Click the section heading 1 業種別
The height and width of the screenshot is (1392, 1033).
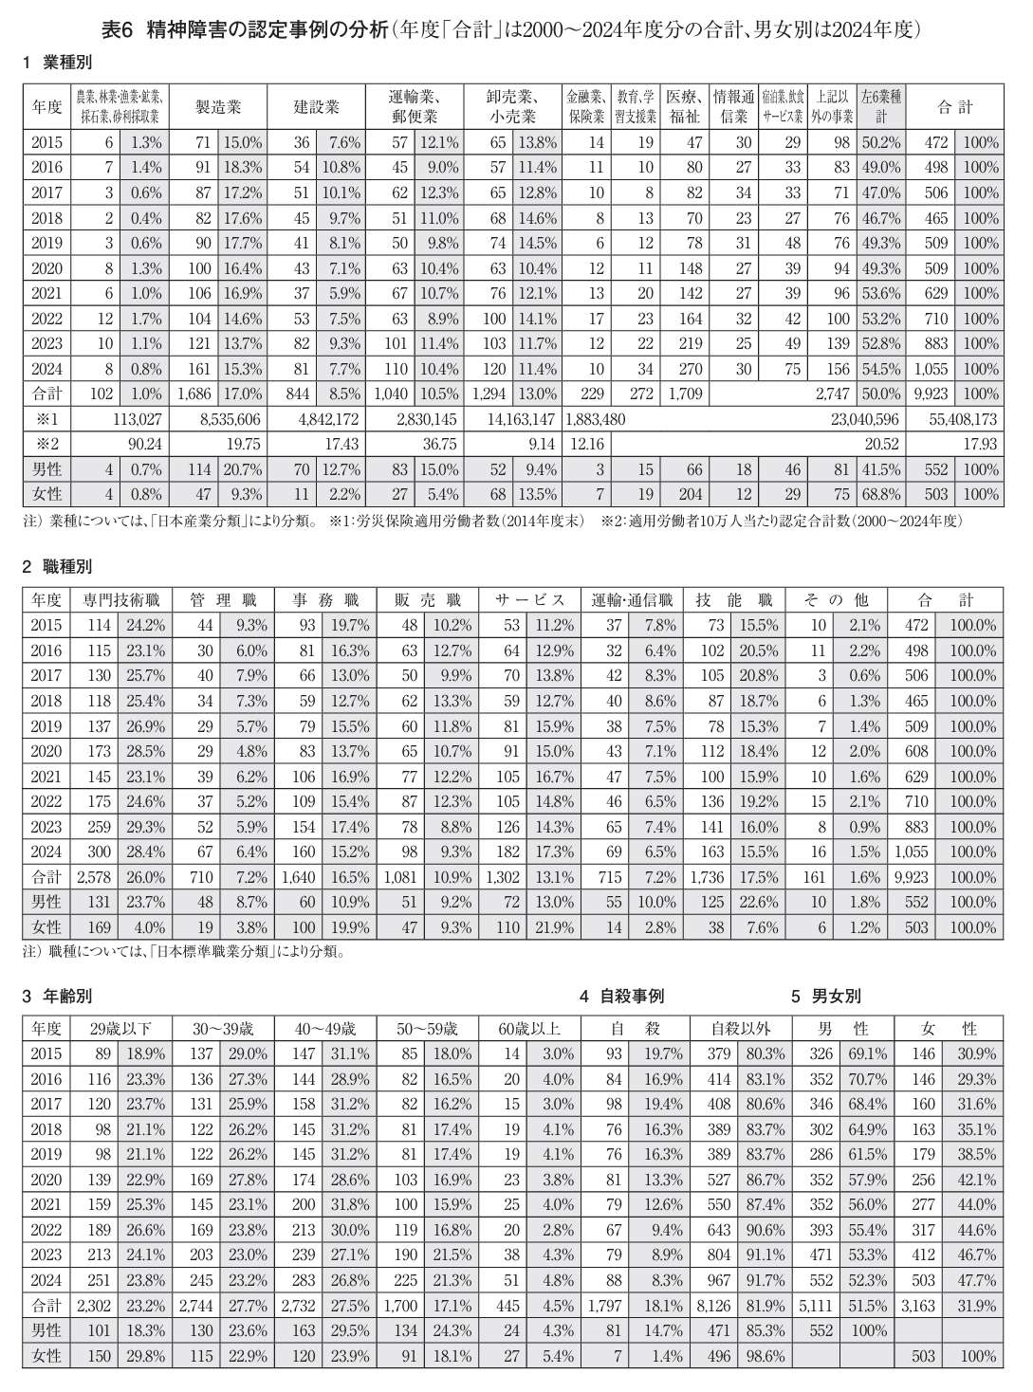[58, 63]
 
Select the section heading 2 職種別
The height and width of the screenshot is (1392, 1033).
[58, 567]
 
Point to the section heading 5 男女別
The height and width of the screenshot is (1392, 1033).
[826, 996]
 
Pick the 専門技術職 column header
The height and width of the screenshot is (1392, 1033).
[120, 600]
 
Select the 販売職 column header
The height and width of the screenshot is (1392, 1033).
[428, 600]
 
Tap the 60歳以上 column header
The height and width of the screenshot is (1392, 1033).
[529, 1028]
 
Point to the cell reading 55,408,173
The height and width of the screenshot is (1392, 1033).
[958, 418]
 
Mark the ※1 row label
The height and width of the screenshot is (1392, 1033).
[46, 418]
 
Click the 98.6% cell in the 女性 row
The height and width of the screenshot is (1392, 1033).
[766, 1356]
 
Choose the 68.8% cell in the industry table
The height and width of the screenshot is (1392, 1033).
[881, 494]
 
